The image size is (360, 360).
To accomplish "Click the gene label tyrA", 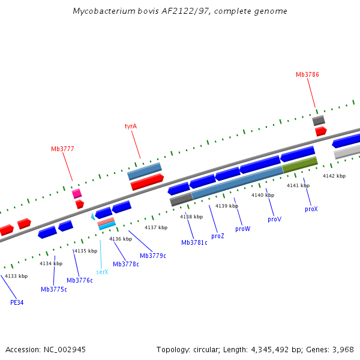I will (131, 127).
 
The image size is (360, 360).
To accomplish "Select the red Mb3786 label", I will (307, 74).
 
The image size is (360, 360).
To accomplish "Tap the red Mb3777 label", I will (62, 149).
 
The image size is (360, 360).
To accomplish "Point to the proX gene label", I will (311, 209).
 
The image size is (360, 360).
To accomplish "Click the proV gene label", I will (274, 220).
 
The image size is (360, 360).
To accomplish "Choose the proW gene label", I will (242, 229).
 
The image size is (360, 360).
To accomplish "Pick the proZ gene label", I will (217, 236).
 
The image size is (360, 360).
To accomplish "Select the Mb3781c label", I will (194, 242).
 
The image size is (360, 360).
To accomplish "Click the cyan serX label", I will (102, 272).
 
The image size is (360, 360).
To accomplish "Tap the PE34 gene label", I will (17, 302).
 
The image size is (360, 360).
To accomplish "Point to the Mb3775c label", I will (54, 289).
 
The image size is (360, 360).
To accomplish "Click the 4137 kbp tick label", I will (155, 227).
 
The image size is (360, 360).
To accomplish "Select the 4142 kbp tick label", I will (334, 176).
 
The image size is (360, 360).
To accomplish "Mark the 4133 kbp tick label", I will (16, 276).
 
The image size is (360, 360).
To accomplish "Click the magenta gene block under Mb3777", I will (77, 193).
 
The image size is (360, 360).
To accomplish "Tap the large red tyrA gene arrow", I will (147, 182).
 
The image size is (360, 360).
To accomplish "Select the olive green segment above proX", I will (299, 164).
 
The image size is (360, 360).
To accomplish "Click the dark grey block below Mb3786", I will (319, 121).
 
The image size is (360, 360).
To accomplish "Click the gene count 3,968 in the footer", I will (342, 349).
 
